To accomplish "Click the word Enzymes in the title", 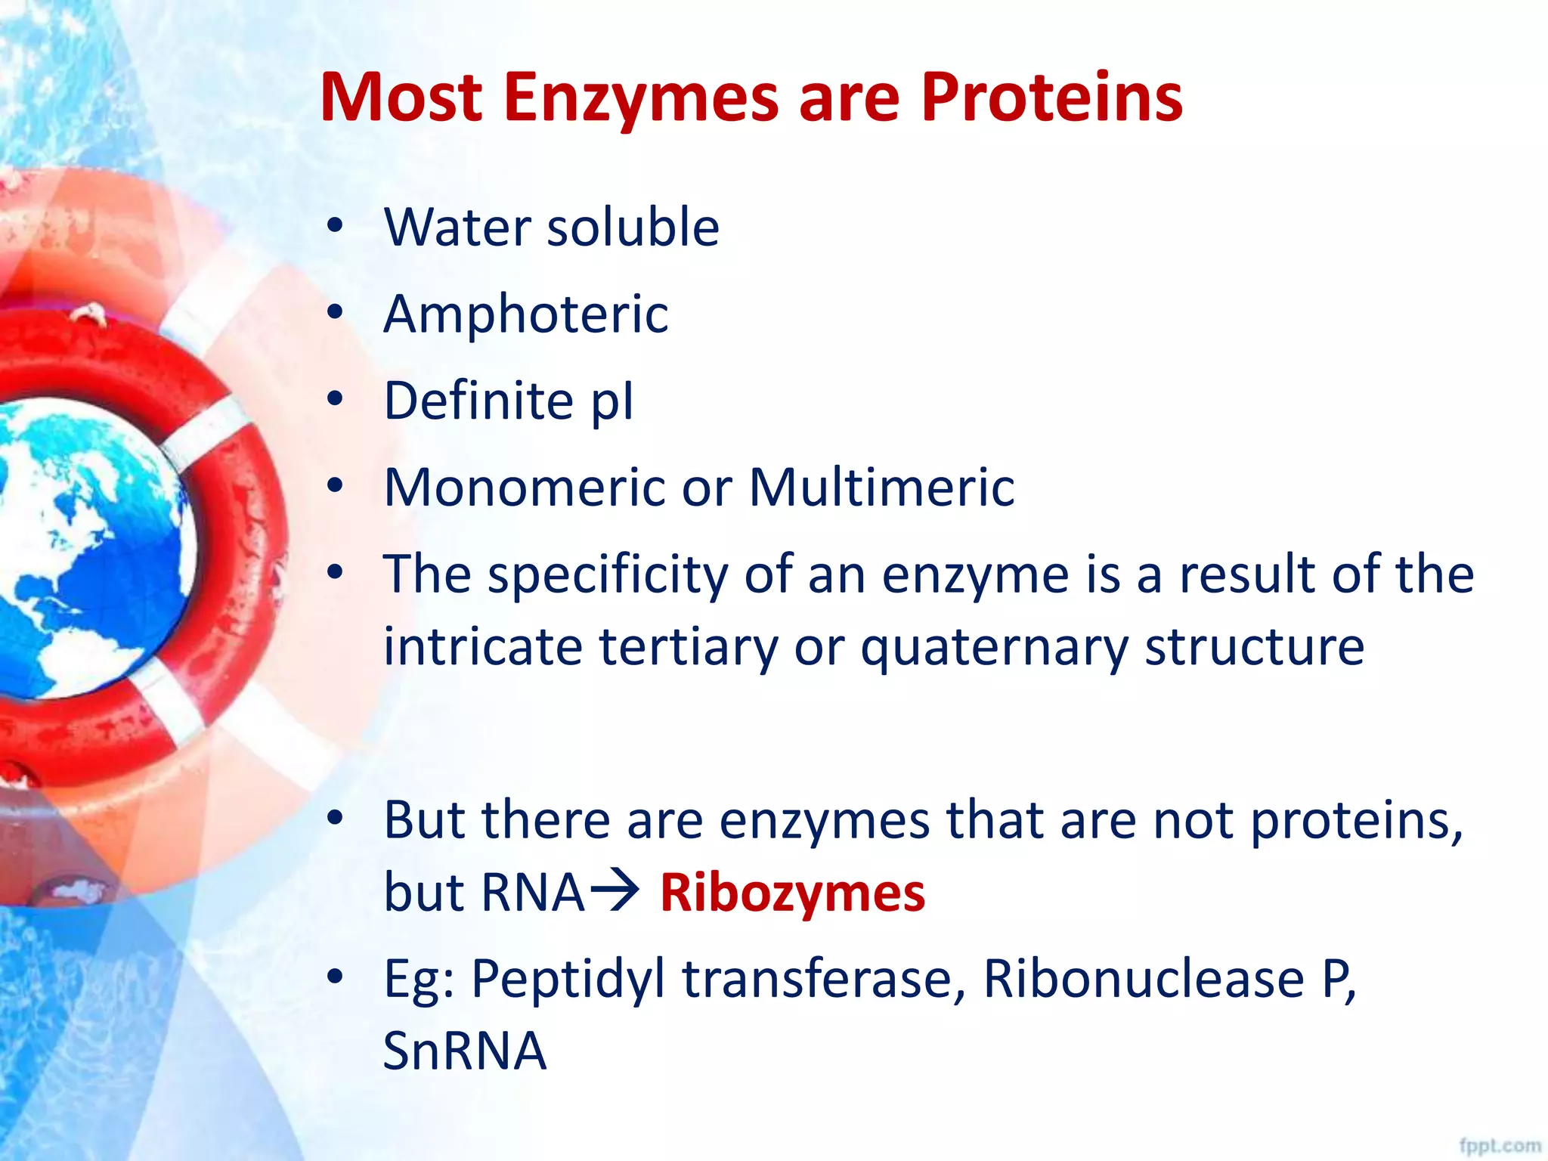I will [640, 98].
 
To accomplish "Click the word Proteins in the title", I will [1051, 98].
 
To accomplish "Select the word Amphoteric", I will [525, 314].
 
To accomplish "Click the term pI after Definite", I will [612, 401].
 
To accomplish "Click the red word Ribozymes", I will [792, 893].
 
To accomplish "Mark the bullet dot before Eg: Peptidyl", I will [335, 977].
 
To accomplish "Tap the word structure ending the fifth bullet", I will [1254, 648].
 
